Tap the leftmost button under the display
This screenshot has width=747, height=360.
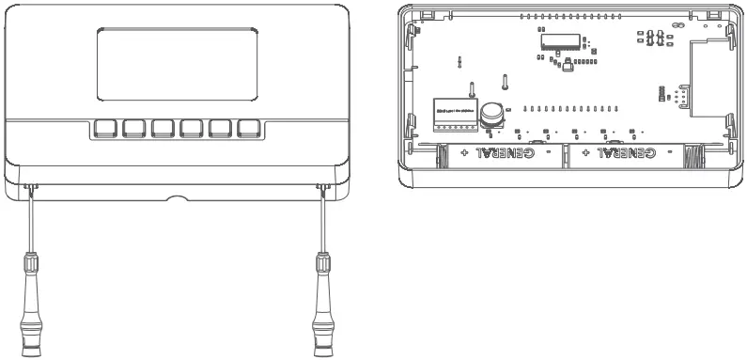[x=105, y=129]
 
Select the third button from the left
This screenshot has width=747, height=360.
[x=163, y=129]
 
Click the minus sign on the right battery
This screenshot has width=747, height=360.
[x=668, y=151]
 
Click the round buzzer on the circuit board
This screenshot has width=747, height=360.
[x=490, y=115]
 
